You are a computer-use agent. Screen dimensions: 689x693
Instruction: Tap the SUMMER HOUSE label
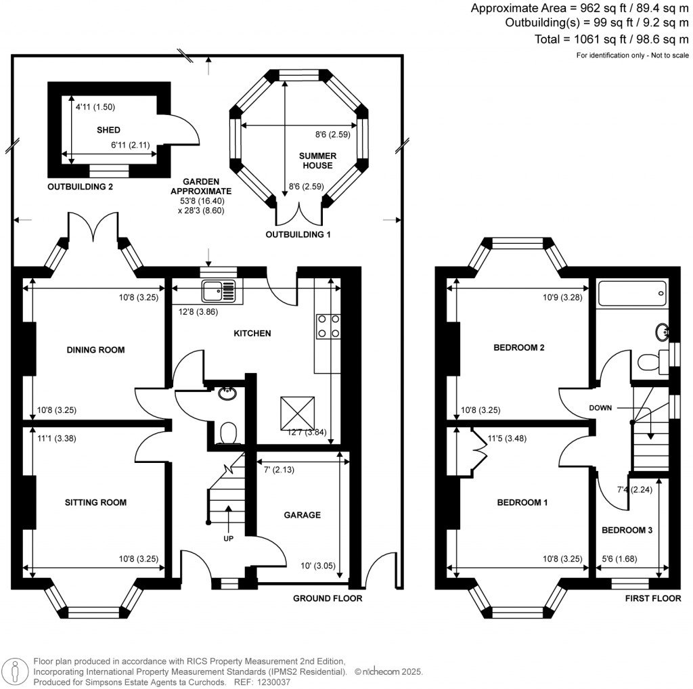click(317, 160)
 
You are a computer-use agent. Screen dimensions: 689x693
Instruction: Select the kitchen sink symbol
click(219, 292)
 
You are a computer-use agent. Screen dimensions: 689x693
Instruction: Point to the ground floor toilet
click(229, 432)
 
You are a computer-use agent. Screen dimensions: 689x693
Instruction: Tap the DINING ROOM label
click(95, 350)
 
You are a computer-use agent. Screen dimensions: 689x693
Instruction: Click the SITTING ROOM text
click(95, 502)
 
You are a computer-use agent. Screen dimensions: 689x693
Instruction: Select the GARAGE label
click(302, 515)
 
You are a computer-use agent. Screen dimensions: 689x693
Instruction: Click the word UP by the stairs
click(229, 539)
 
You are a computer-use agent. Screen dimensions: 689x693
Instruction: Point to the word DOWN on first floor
click(601, 408)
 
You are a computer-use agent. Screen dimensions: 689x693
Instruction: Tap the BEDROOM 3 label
click(627, 530)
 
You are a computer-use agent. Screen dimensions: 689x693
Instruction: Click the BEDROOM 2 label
click(519, 348)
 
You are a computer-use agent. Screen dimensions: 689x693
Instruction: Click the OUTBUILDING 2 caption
click(80, 187)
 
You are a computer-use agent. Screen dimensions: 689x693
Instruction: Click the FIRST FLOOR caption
click(651, 598)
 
